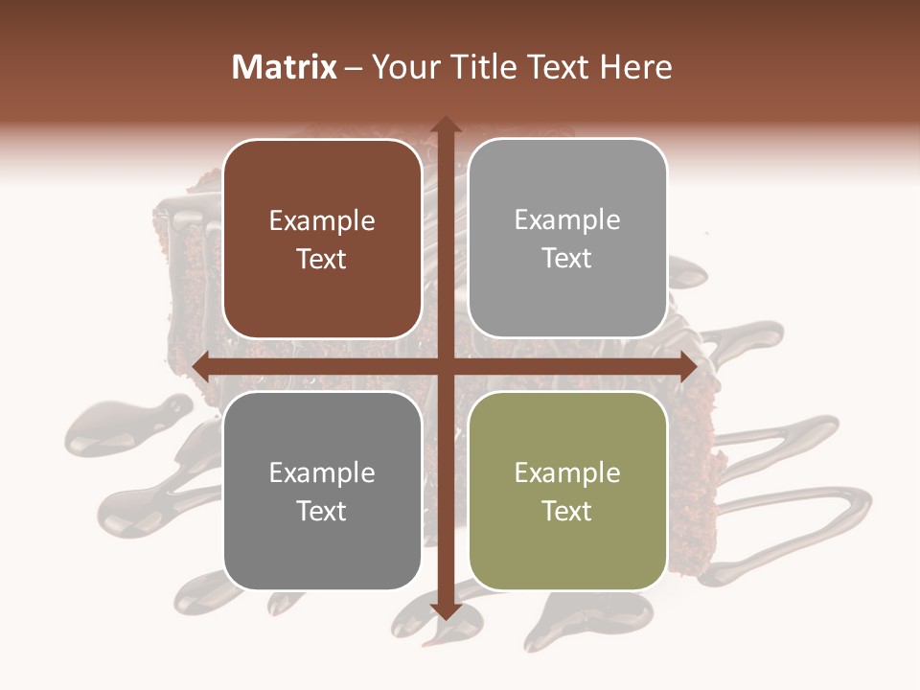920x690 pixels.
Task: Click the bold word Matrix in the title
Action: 285,67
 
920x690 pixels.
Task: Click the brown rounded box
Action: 322,239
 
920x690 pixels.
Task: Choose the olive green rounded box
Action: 567,491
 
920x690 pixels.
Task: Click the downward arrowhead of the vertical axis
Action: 445,610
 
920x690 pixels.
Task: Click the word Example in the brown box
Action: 322,221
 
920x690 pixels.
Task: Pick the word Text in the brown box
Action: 322,259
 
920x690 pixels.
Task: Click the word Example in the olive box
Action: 567,472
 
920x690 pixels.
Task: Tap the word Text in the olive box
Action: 567,511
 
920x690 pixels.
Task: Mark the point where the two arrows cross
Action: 445,367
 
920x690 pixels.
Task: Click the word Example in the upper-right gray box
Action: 567,220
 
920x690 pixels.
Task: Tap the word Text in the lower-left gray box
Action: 322,511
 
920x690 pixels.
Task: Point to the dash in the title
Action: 354,68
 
